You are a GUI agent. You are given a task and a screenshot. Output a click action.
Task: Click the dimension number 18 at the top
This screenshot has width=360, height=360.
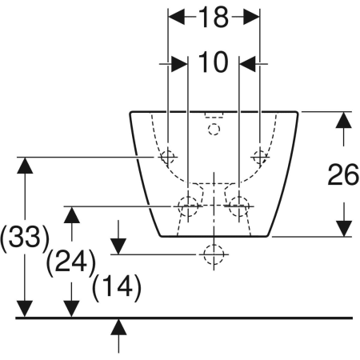coord(214,18)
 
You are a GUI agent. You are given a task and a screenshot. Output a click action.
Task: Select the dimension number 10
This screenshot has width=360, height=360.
coord(214,62)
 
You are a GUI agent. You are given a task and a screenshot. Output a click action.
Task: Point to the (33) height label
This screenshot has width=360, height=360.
coord(23,238)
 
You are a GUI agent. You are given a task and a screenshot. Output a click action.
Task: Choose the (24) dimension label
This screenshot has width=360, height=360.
coord(71,262)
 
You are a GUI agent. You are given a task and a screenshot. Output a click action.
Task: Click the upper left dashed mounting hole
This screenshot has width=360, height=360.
coord(167,157)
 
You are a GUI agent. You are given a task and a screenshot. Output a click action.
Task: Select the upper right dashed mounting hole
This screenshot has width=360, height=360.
coord(259,156)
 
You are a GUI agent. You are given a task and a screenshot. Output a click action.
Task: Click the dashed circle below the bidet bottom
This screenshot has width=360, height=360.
coord(213,254)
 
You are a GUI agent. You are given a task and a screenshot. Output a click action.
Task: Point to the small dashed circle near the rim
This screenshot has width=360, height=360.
coord(214,128)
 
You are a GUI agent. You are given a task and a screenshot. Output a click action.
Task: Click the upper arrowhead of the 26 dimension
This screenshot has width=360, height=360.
coord(343,120)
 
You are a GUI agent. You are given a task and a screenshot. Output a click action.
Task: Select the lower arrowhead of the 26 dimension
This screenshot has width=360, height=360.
coord(343,228)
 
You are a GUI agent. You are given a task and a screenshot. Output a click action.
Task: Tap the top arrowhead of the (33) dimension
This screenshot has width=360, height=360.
coord(25,165)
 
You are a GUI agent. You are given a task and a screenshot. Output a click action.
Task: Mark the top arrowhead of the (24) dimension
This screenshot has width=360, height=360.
coord(72,214)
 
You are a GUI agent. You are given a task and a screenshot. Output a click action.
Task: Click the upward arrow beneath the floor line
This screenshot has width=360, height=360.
coord(119,326)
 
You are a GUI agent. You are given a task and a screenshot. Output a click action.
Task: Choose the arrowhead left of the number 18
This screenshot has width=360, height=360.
coord(177,18)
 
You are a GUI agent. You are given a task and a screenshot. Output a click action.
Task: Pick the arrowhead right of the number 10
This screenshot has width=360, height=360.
coord(249,62)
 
